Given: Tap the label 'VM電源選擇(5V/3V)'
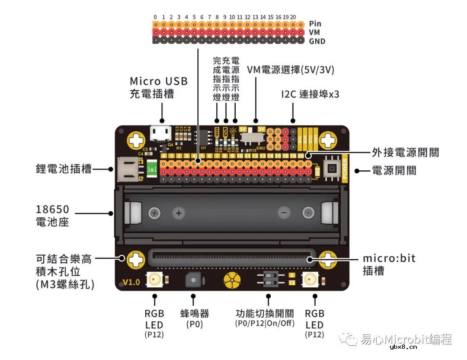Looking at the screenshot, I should [291, 70].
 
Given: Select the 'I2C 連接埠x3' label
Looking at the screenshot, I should [310, 94].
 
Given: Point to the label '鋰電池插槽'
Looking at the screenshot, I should [64, 169].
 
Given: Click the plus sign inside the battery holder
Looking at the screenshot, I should [178, 213].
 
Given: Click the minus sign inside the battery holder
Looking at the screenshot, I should [284, 213].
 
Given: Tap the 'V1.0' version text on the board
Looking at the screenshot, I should [131, 282].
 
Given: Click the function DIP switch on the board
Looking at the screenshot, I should [269, 280].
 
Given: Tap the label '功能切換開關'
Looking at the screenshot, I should [265, 313].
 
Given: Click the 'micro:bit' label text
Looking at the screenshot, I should [389, 258].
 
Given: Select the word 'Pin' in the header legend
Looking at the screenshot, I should [315, 24].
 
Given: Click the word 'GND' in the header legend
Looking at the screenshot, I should [317, 41].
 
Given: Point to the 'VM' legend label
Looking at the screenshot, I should [314, 32].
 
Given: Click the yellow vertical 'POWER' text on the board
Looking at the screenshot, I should [345, 169].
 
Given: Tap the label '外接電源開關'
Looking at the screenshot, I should [405, 153].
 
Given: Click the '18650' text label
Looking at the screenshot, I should [52, 210].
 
